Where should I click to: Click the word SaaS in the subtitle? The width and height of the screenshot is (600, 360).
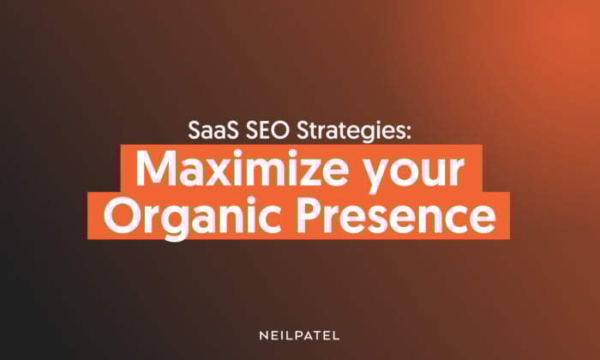point(213,130)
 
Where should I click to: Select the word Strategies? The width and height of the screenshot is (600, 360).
point(350,132)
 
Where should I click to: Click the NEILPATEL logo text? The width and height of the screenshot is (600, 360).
point(299,336)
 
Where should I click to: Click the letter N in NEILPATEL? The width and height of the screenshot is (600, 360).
point(264,336)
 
